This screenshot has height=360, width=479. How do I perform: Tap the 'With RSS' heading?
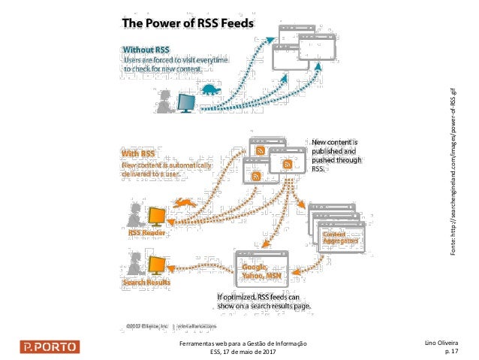137,155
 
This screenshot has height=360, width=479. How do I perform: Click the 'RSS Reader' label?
146,232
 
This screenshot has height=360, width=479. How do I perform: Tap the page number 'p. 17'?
451,351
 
